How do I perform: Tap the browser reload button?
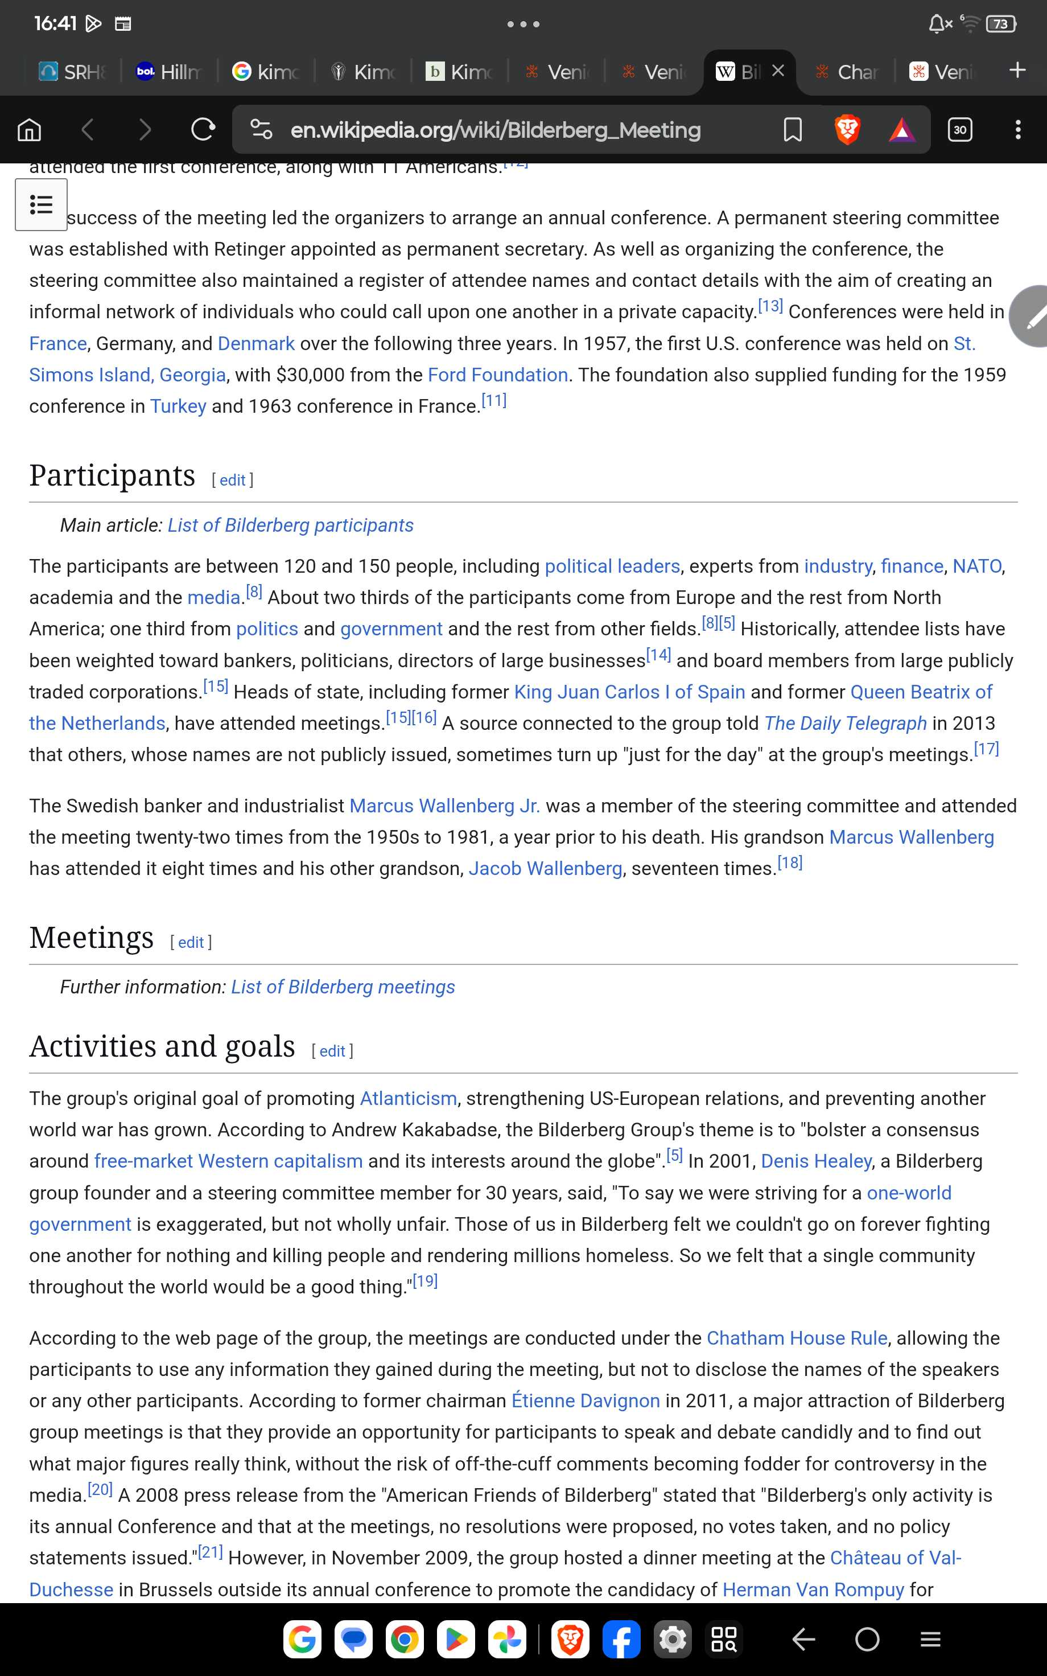203,129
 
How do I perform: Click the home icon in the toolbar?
29,129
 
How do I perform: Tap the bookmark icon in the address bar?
792,129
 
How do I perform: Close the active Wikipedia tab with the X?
778,71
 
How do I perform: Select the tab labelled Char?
848,71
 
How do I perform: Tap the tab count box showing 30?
960,129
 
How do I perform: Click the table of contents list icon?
42,205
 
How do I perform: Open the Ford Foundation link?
498,375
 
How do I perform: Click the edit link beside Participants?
233,480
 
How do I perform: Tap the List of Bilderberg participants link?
290,525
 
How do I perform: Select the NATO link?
976,566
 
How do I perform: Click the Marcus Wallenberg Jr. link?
444,806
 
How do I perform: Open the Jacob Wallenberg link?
545,869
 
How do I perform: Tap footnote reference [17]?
986,749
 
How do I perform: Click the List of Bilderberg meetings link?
343,987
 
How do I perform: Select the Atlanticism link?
408,1098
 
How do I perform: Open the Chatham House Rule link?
796,1338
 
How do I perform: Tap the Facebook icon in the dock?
621,1640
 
